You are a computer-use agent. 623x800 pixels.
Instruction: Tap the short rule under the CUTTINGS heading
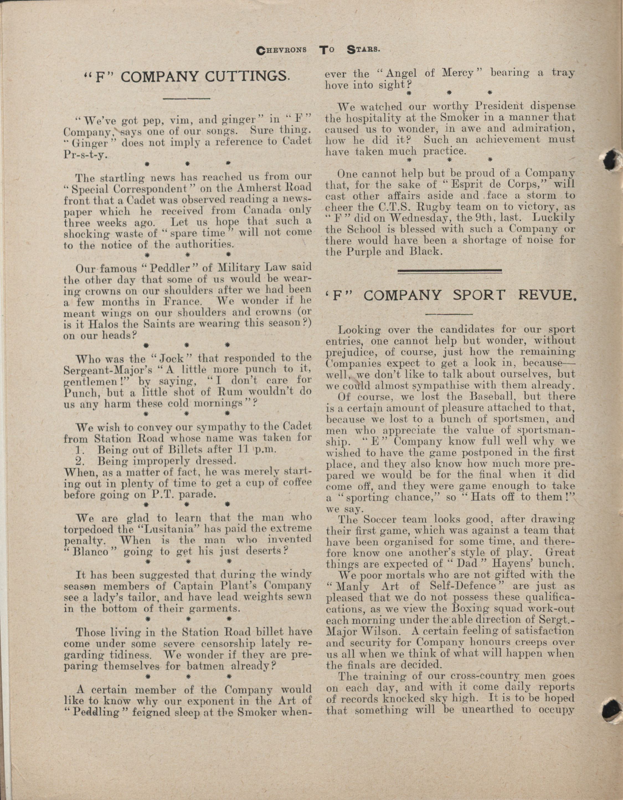pyautogui.click(x=186, y=99)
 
